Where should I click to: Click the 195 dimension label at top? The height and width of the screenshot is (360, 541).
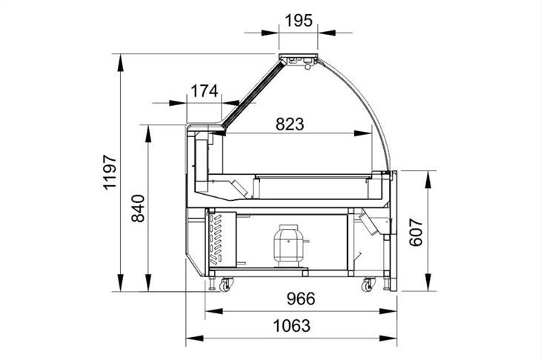pos(299,21)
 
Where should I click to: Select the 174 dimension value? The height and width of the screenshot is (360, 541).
pos(205,91)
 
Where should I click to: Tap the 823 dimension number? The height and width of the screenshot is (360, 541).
pos(290,124)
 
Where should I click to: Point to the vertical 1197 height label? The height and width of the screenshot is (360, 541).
pos(110,173)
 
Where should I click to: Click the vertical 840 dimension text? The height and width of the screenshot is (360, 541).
pos(138,209)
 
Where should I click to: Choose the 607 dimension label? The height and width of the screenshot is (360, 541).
pos(416,232)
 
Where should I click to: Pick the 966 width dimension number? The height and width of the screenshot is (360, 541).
pos(301,299)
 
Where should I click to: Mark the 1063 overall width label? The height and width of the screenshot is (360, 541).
pos(291,326)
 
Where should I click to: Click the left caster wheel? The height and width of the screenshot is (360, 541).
pos(225,285)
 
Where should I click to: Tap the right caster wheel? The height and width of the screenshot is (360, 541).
pos(368,285)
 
